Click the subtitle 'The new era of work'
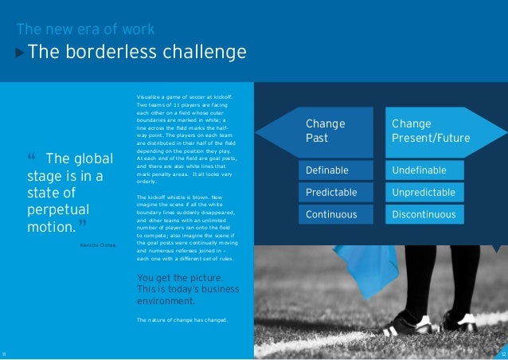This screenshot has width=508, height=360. [85, 31]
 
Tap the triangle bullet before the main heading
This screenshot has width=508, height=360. [21, 54]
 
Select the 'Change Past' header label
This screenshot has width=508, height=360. [325, 131]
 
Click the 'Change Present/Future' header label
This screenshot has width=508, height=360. [431, 131]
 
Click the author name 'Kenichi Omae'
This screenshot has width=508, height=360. [98, 245]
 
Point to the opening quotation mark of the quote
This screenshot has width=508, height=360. [31, 155]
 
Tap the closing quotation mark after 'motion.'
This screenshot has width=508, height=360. [83, 221]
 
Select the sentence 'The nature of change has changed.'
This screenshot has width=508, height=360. [182, 320]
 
